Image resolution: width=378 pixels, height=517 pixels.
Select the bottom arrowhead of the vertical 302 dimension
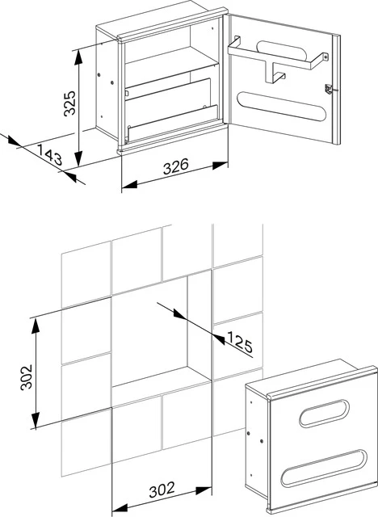click(x=34, y=426)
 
